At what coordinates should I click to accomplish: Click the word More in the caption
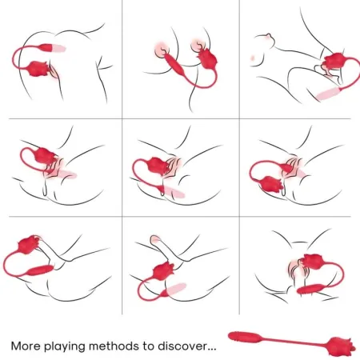click(29, 346)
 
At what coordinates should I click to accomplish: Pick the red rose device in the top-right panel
click(330, 61)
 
